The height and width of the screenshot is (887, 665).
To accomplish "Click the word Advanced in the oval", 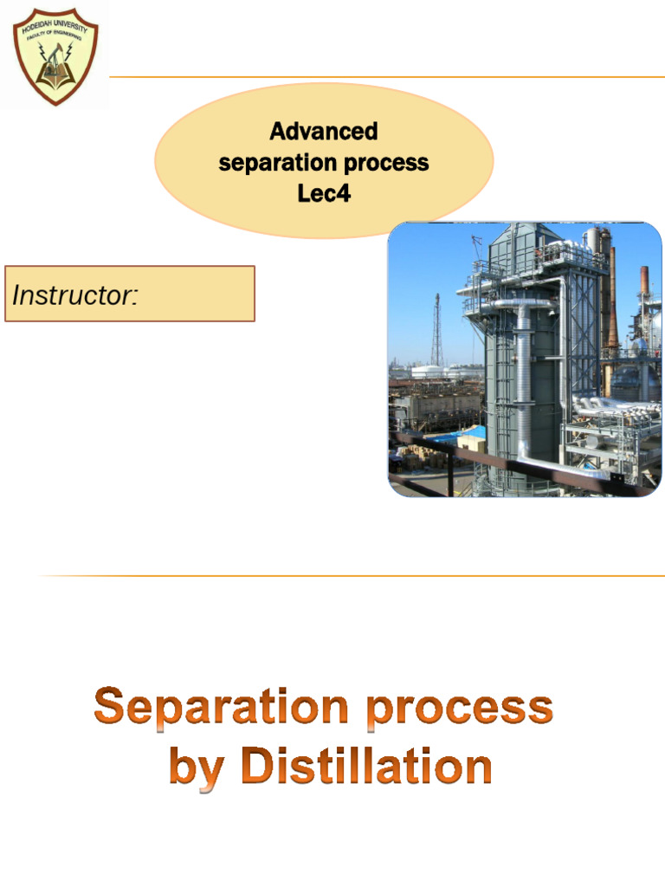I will point(324,132).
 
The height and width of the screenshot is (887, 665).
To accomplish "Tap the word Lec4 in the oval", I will point(324,192).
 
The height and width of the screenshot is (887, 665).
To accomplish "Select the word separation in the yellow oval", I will point(274,162).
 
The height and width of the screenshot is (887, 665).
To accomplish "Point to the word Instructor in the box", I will point(74,295).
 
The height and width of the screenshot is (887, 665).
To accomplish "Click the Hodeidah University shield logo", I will point(55,55).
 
